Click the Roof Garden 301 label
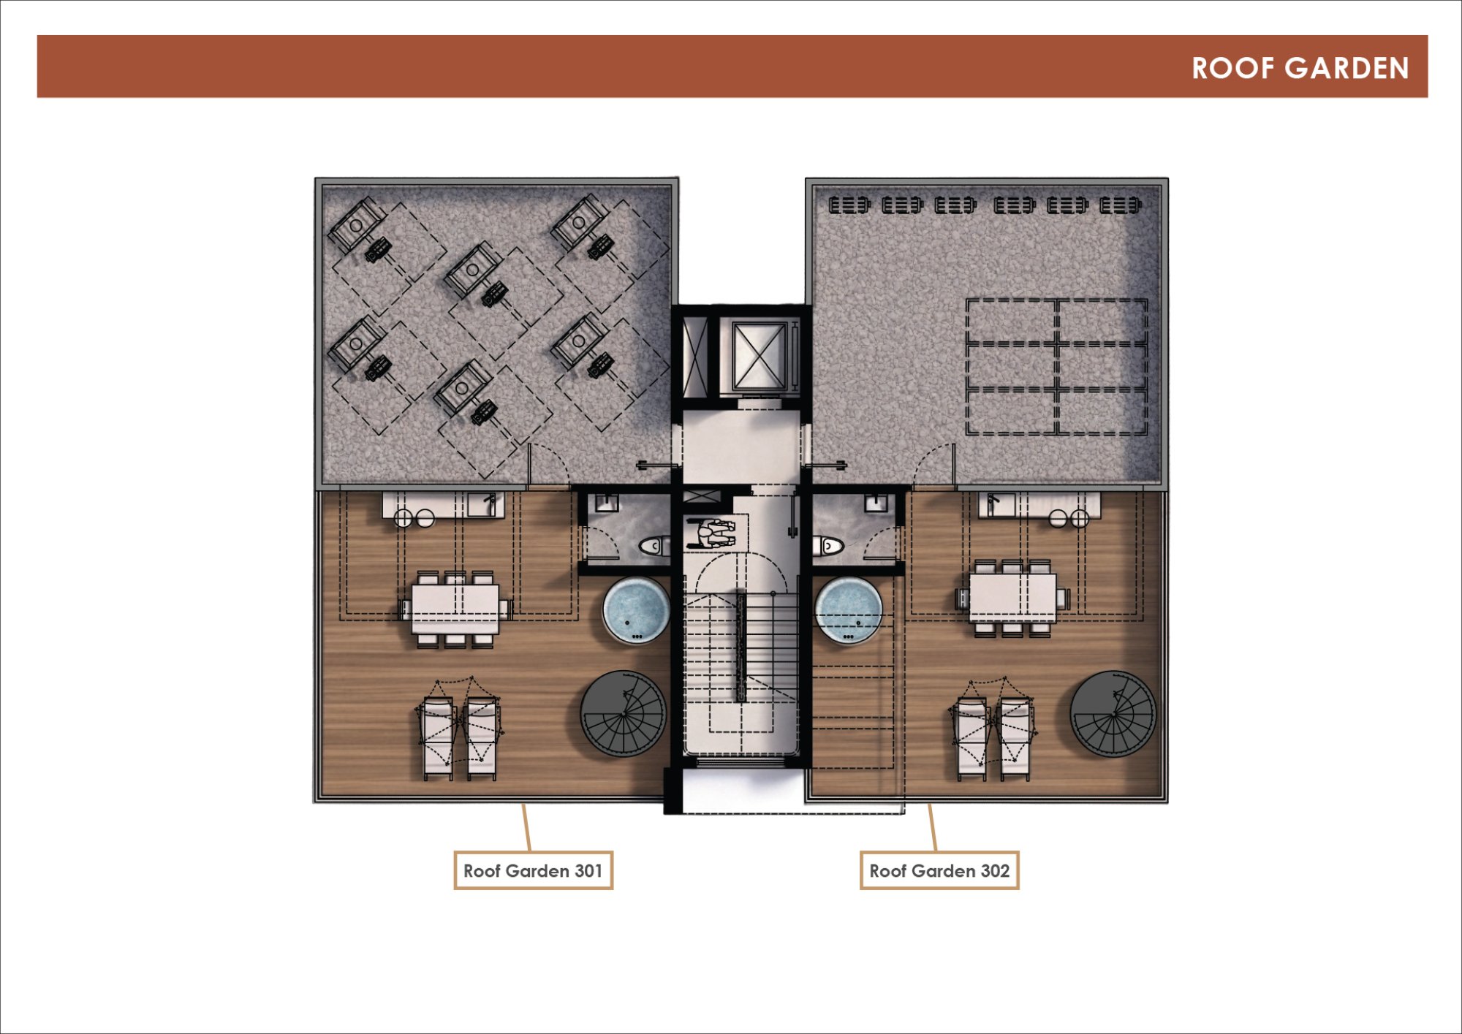(x=533, y=870)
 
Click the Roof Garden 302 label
(x=939, y=870)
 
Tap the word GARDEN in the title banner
(x=1347, y=68)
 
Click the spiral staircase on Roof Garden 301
(x=624, y=714)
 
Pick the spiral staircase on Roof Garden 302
(x=1113, y=714)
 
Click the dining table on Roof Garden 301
(x=455, y=608)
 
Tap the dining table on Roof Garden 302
(x=1012, y=598)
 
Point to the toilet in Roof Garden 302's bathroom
(x=828, y=546)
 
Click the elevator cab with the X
(x=760, y=357)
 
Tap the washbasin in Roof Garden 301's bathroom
(x=606, y=502)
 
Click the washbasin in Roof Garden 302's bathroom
(x=876, y=502)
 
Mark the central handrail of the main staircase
(x=741, y=647)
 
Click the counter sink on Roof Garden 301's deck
(x=485, y=504)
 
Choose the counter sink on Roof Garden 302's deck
(x=997, y=504)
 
